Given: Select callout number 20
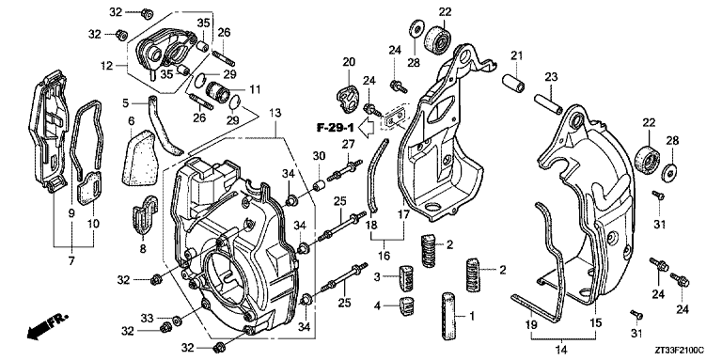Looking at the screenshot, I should [x=348, y=62].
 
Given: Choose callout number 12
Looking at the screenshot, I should [x=106, y=66].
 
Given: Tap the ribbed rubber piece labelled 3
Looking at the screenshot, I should [x=406, y=278].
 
